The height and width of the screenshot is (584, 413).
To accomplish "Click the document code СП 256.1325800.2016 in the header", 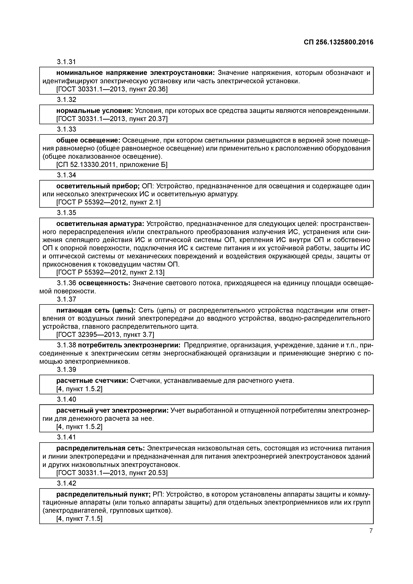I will point(338,42).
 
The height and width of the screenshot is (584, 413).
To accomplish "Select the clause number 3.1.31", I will point(66,62).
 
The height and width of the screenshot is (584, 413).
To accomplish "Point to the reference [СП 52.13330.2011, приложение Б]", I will point(112,165).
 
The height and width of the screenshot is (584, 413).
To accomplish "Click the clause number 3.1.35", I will point(66,213).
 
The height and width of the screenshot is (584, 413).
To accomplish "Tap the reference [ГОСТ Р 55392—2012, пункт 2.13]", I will point(110,272).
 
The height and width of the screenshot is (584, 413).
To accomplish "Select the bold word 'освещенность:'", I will point(104,283).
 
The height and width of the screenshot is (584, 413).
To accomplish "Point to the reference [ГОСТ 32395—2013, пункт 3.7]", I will point(105,335).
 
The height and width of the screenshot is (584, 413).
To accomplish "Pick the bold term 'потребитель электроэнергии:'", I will point(129,345).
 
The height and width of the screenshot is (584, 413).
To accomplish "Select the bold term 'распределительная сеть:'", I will point(100,448).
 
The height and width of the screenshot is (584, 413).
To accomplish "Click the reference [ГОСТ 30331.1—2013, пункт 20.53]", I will point(112,473).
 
